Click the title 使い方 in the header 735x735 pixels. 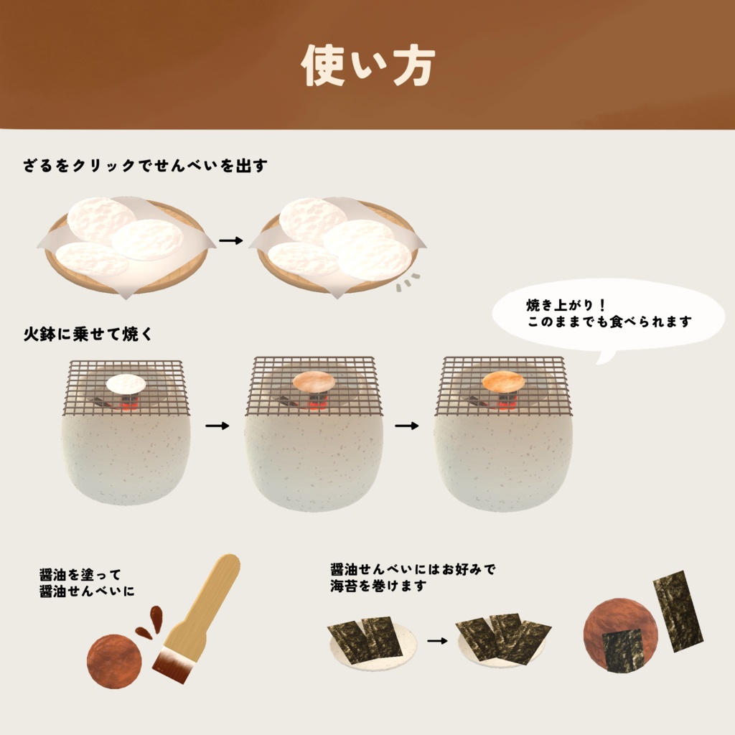coord(367,67)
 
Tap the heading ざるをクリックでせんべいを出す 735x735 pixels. coord(145,166)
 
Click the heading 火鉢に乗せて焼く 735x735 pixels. coord(88,334)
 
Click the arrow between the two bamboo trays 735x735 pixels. coord(231,240)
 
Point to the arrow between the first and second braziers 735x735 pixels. coord(217,426)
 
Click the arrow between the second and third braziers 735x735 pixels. coord(407,426)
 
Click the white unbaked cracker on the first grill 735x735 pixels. coord(126,384)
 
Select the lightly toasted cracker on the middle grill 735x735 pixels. coord(314,382)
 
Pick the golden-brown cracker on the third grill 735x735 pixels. coord(503,381)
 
